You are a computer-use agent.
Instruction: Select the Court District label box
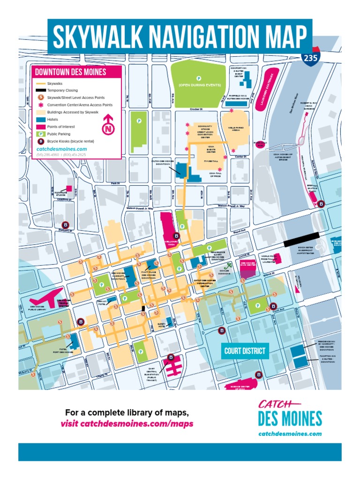point(244,351)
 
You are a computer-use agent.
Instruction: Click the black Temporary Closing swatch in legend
point(41,90)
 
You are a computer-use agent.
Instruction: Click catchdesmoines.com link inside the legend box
point(55,149)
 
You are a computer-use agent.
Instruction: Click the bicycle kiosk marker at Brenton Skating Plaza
point(321,204)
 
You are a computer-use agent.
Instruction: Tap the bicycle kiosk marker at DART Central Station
point(171,356)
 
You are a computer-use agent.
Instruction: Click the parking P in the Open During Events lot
point(198,78)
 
